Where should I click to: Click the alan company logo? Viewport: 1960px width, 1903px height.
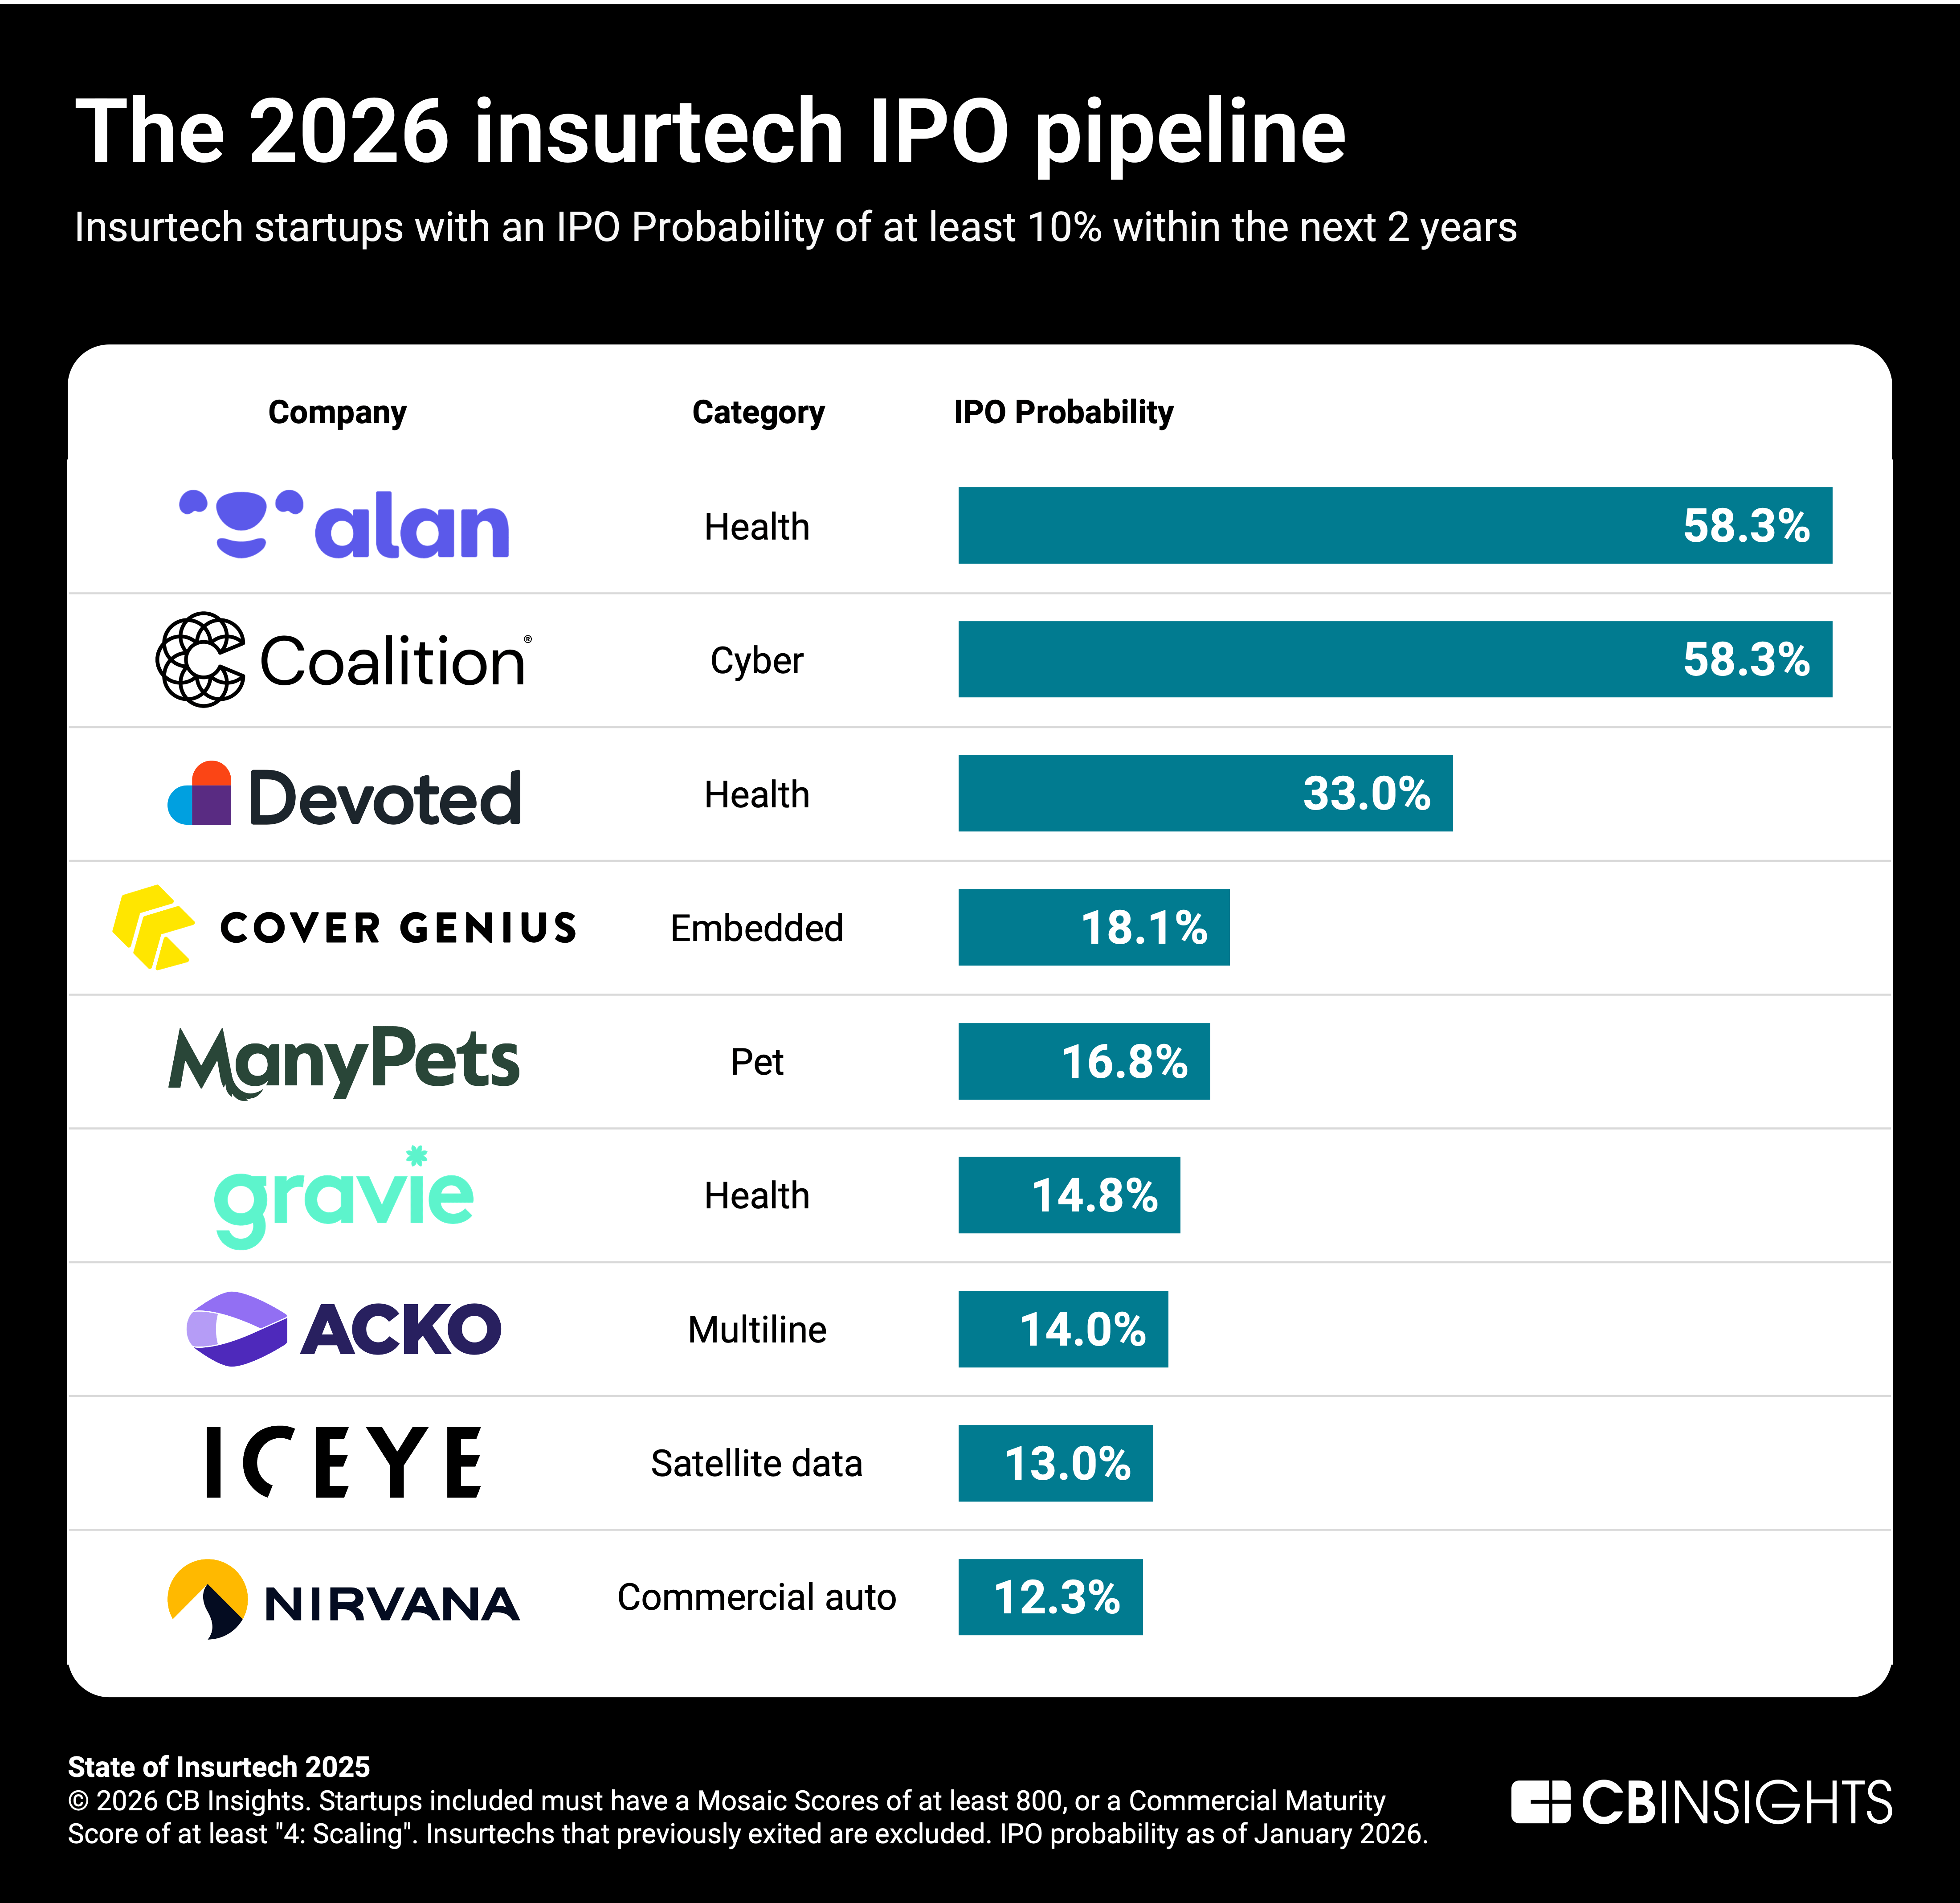344,525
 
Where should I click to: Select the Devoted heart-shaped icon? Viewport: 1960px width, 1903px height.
200,794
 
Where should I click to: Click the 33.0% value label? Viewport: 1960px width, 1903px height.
1366,794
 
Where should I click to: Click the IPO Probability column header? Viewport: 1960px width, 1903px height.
1063,412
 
